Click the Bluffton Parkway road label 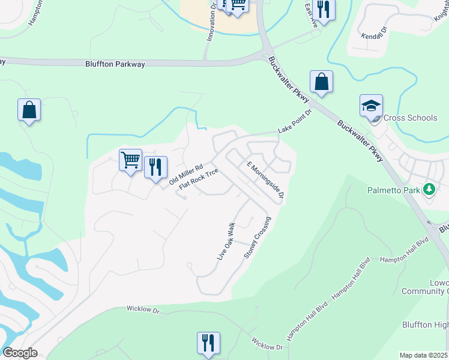click(x=116, y=64)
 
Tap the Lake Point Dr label click(x=295, y=122)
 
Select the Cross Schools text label click(x=410, y=118)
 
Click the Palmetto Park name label click(x=394, y=191)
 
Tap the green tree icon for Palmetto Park click(x=429, y=190)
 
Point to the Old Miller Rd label click(x=186, y=173)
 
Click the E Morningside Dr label click(x=265, y=180)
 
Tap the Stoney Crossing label click(x=258, y=238)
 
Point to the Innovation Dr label click(x=211, y=22)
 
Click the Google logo click(x=20, y=353)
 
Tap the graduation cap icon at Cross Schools click(x=371, y=106)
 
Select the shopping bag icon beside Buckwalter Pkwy click(x=321, y=82)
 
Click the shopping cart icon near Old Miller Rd click(x=130, y=160)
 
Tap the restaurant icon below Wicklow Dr click(x=208, y=343)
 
